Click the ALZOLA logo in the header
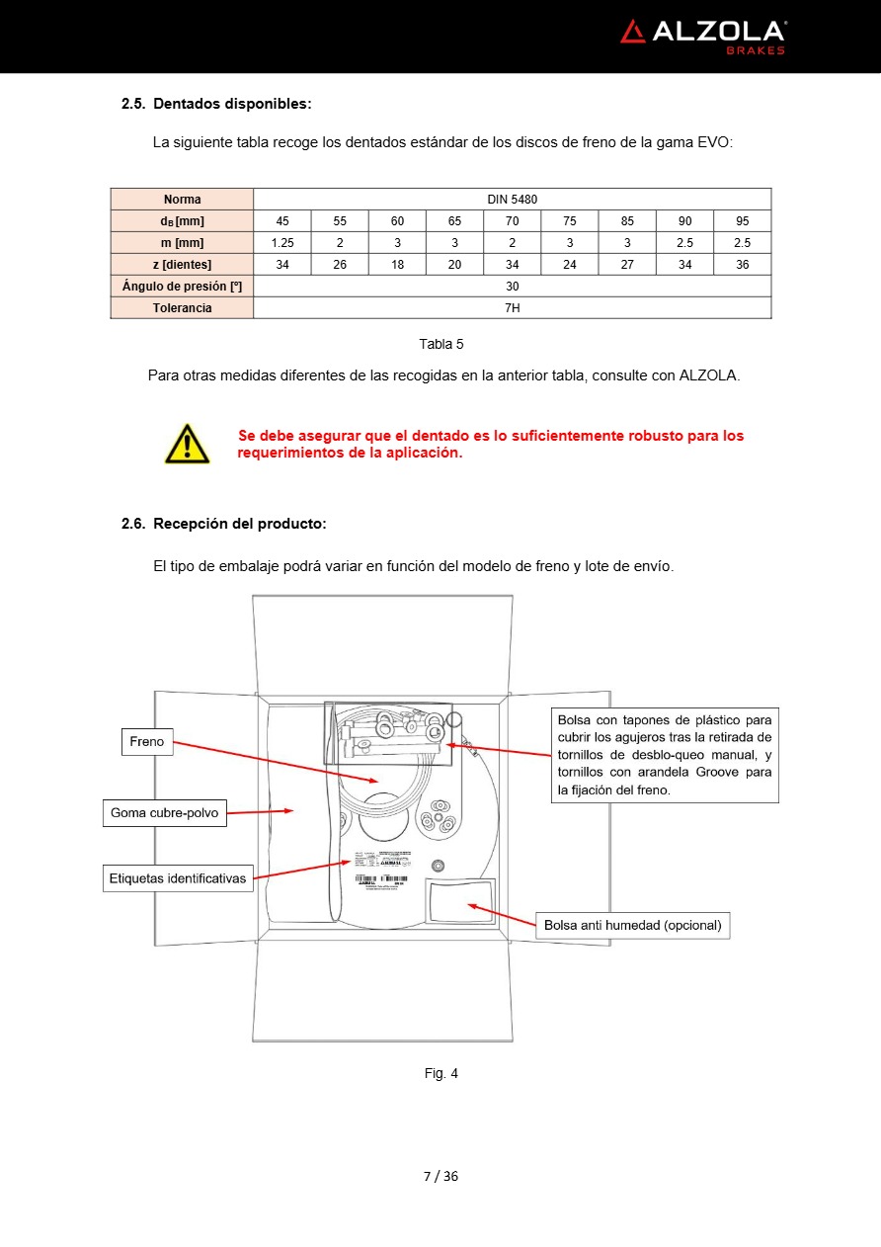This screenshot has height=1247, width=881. pos(702,36)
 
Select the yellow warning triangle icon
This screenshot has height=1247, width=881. pos(187,444)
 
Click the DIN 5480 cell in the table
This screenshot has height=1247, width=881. pos(512,200)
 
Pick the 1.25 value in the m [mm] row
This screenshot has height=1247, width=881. pos(282,243)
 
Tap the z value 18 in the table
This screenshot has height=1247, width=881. pos(397,265)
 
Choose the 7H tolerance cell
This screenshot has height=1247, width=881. pos(512,308)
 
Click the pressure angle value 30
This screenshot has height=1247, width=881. pos(512,287)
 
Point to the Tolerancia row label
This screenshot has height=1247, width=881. pos(182,308)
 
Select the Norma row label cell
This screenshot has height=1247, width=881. pos(182,200)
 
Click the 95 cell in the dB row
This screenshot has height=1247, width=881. pos(742,221)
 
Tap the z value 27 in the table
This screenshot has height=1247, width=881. pos(627,265)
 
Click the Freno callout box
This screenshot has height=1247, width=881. pos(147,742)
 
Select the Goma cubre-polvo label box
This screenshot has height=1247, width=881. pos(164,814)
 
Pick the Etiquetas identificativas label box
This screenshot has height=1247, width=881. pos(178,878)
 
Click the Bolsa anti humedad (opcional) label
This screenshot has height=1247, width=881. pos(632,926)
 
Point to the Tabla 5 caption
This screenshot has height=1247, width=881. pos(440,344)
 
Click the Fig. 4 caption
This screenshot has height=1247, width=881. pos(440,1073)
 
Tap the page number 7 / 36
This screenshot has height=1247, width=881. pos(440,1176)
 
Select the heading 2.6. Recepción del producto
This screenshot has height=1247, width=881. pos(223,524)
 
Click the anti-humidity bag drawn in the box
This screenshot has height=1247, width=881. pos(460,901)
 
